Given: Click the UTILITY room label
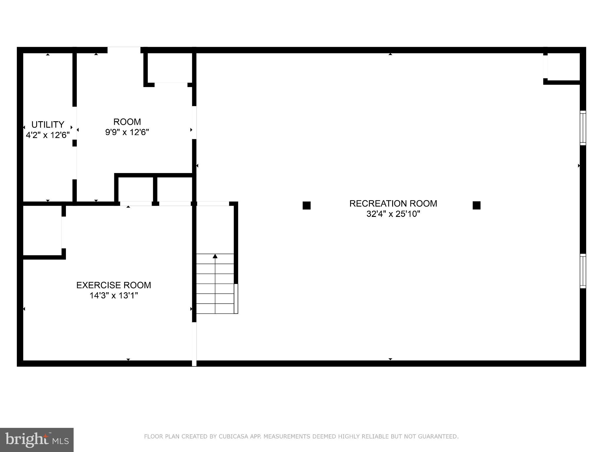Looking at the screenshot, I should point(48,124).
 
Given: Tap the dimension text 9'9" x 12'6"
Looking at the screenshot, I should point(127,132).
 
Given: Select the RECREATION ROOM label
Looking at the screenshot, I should point(393,204).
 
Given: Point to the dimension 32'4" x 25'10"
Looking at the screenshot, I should point(393,214).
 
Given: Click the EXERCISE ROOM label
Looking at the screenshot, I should point(114,285).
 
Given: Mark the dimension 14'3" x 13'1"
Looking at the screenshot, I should point(114,295).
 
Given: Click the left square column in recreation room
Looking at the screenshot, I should point(307,205).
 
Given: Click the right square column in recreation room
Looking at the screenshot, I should point(476,205).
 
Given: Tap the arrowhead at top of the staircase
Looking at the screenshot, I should point(215,256).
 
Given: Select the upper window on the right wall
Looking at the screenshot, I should point(583,128).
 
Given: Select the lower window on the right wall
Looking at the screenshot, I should point(583,271).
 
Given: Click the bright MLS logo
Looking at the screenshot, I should point(37,440).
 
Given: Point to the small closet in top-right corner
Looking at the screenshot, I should point(563,67).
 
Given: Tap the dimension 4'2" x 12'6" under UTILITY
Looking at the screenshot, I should point(48,135).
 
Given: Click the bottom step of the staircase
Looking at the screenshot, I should point(215,309).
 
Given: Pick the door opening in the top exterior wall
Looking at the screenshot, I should point(124,50).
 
